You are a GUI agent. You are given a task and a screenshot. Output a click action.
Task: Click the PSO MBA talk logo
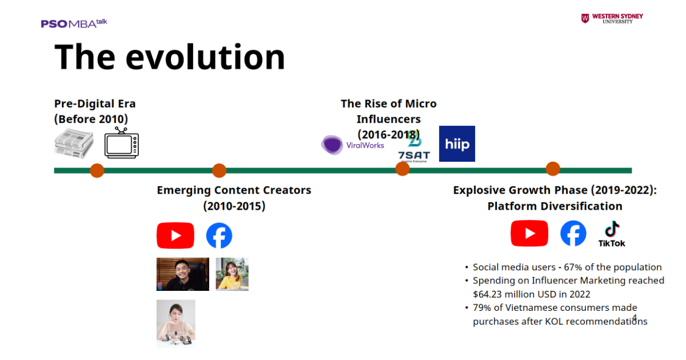pyautogui.click(x=74, y=23)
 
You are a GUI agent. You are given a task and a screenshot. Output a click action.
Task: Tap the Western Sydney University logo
pyautogui.click(x=612, y=18)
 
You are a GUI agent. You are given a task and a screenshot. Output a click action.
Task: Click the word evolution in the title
pyautogui.click(x=205, y=57)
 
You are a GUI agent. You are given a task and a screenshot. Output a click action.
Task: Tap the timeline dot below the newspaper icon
pyautogui.click(x=97, y=170)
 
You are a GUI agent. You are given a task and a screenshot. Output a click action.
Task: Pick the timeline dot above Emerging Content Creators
pyautogui.click(x=220, y=170)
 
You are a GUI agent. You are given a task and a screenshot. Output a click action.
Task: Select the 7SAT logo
pyautogui.click(x=414, y=150)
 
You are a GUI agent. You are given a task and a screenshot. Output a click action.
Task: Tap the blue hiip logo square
pyautogui.click(x=457, y=143)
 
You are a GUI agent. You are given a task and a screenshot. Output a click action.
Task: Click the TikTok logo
pyautogui.click(x=612, y=234)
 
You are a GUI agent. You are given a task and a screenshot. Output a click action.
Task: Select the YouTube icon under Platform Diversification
pyautogui.click(x=529, y=234)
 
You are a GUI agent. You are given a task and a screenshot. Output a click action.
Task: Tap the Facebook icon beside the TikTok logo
pyautogui.click(x=573, y=234)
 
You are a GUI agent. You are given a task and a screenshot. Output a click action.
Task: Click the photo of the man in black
pyautogui.click(x=183, y=274)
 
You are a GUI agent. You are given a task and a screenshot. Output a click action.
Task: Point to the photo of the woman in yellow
pyautogui.click(x=232, y=274)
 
